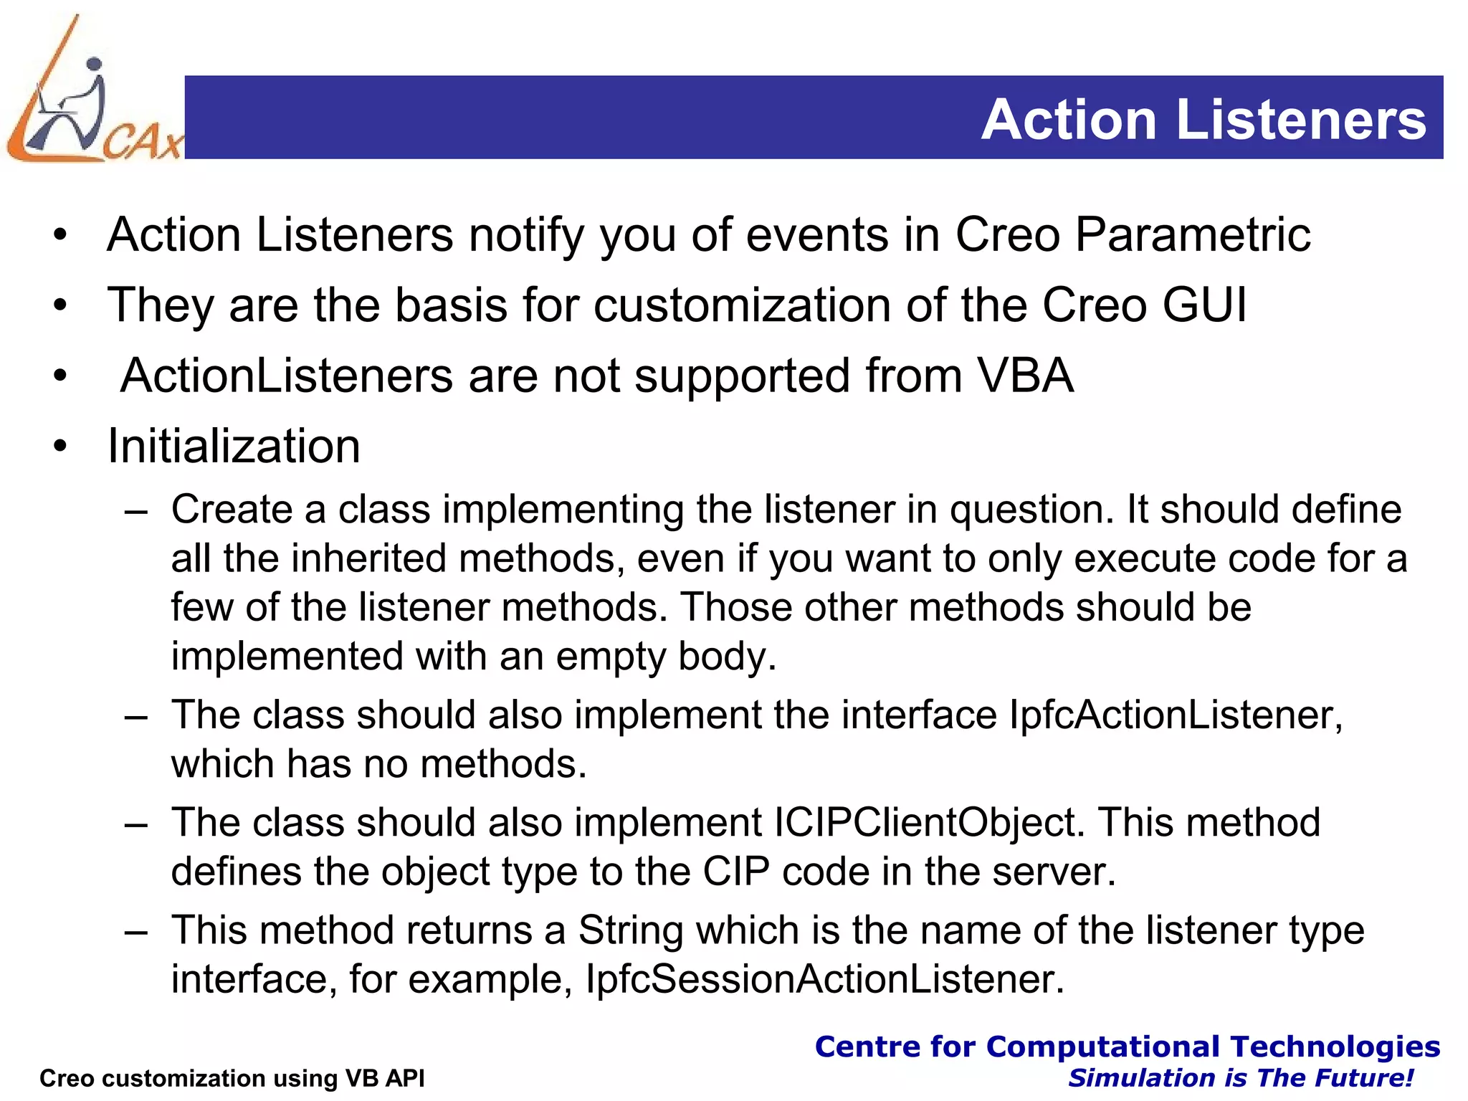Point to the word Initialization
point(234,446)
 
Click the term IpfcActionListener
point(1174,715)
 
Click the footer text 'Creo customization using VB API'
point(232,1078)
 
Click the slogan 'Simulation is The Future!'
point(1240,1078)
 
